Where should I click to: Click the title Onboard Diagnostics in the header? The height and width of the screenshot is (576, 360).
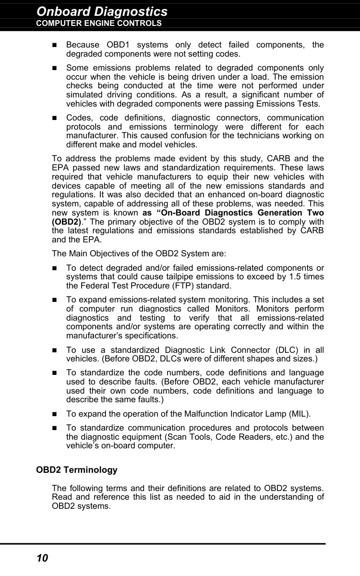pyautogui.click(x=102, y=11)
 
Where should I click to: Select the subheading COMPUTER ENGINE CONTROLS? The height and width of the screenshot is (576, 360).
pyautogui.click(x=99, y=23)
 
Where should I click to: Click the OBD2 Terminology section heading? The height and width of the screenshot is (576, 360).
pyautogui.click(x=77, y=470)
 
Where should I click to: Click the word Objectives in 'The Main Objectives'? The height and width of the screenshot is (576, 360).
pyautogui.click(x=104, y=253)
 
